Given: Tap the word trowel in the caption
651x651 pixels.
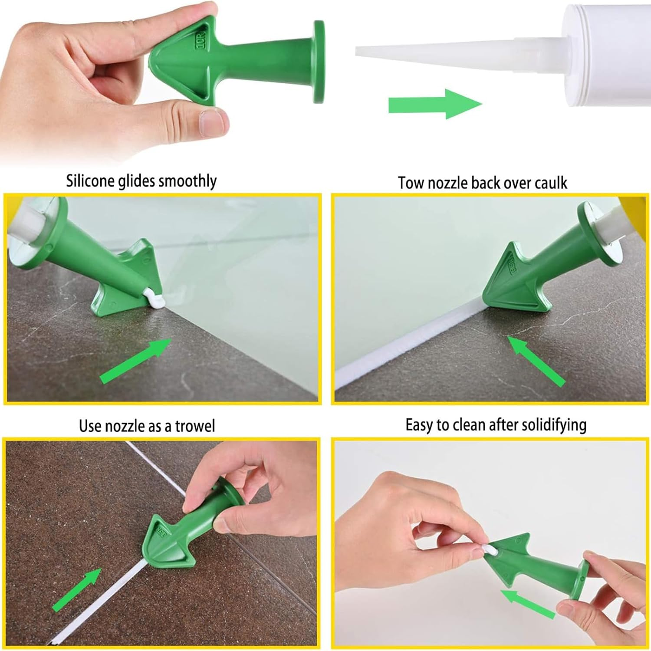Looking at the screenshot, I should click(195, 427).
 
